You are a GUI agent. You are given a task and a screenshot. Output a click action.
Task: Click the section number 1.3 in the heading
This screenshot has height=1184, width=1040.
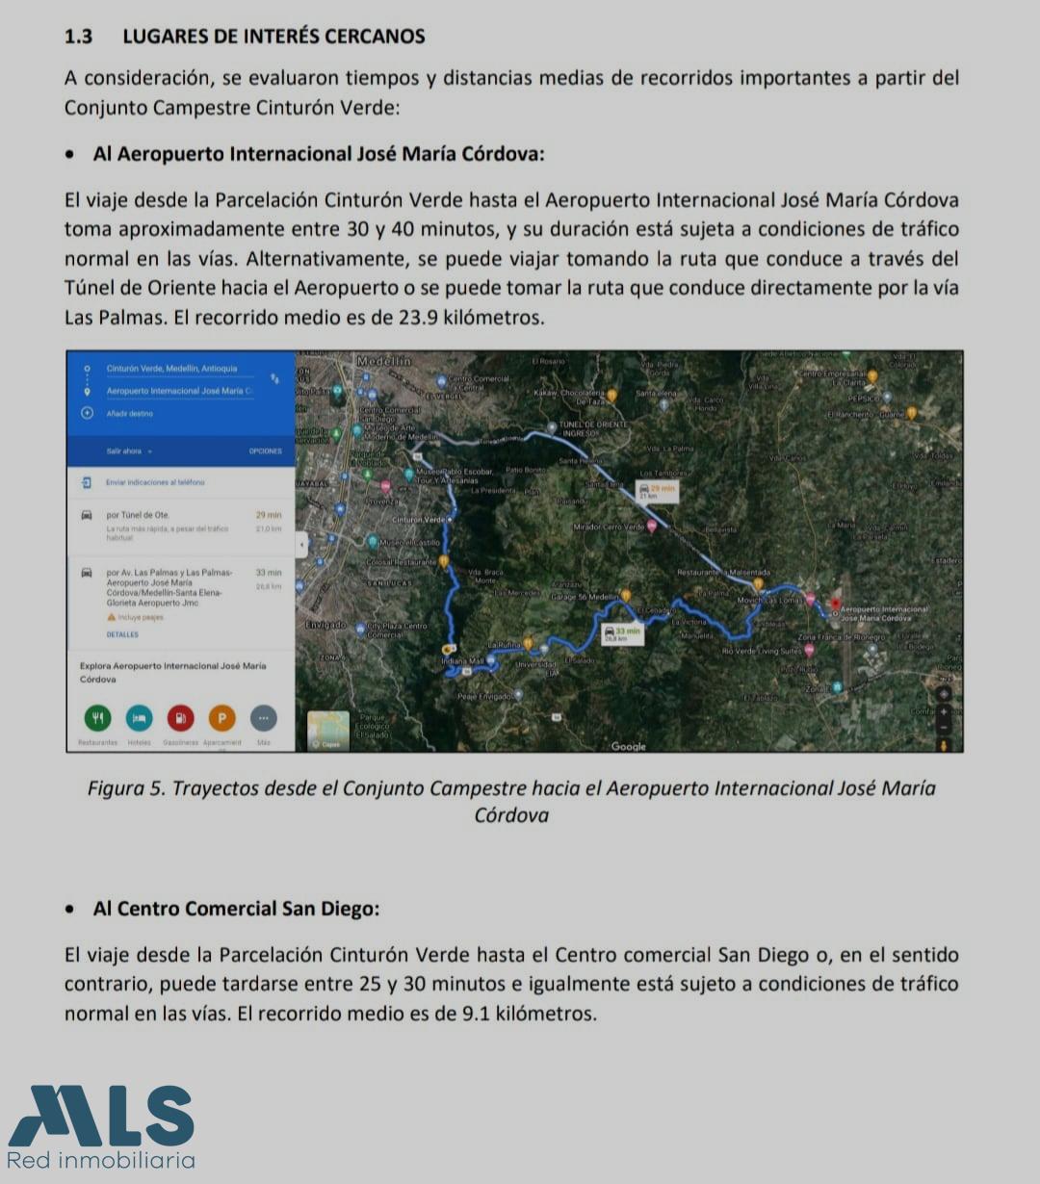coord(78,37)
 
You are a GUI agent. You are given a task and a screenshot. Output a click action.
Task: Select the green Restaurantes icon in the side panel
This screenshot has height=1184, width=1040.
coord(97,717)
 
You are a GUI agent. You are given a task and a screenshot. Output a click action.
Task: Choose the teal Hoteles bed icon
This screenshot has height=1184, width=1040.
coord(140,717)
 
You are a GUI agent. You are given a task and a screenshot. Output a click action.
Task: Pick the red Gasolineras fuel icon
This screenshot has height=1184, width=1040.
coord(181,717)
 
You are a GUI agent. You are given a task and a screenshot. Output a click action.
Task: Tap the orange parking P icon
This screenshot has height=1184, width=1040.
coord(221,717)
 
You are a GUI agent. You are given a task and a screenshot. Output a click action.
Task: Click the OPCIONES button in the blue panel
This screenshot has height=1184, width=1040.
coord(266,450)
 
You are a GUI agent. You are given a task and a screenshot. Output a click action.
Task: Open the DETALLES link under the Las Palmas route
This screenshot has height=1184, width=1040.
coord(122,634)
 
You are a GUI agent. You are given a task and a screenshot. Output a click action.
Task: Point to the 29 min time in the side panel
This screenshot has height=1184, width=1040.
coord(269,515)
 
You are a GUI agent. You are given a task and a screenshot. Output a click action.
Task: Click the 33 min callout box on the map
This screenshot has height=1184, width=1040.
coord(622,632)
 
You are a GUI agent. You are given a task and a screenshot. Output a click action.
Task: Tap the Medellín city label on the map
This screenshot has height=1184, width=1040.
coord(383,360)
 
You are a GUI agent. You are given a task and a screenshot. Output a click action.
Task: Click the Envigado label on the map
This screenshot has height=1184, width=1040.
coord(325,625)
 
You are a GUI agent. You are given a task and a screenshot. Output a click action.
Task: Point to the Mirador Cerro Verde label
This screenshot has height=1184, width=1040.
coord(608,528)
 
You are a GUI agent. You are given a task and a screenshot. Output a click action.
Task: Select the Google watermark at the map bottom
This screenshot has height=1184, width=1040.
coord(629,746)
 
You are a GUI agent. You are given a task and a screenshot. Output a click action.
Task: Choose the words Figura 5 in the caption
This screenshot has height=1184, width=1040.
coord(127,788)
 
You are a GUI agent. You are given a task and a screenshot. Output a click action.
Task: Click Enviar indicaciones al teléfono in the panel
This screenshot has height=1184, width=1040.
coord(155,481)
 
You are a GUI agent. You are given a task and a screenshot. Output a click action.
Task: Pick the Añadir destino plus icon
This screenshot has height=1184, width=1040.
coord(87,413)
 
